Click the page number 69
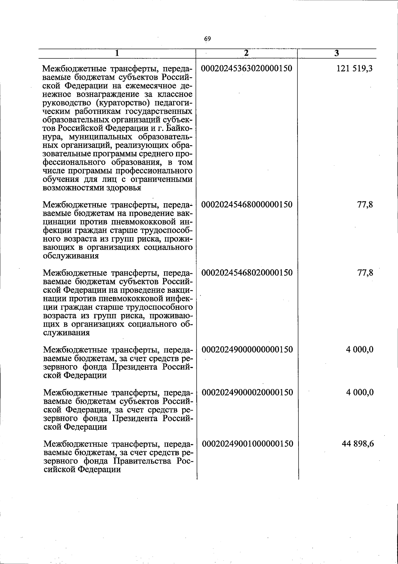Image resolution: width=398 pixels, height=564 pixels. (x=208, y=39)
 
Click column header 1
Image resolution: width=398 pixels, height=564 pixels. (x=117, y=53)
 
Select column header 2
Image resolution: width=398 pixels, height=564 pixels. (x=246, y=53)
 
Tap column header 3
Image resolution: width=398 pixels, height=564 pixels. (x=336, y=53)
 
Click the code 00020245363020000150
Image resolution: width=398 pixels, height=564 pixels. (x=247, y=69)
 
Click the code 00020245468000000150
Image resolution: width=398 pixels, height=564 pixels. (x=247, y=204)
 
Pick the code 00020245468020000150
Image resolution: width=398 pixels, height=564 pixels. (x=247, y=273)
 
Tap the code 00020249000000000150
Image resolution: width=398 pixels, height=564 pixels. (x=247, y=349)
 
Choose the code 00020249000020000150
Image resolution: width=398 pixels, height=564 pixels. (x=247, y=392)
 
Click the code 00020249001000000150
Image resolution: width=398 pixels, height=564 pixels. (x=247, y=443)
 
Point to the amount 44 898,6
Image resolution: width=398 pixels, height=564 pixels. (x=358, y=443)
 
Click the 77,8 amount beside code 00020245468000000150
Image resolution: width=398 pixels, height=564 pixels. (x=365, y=204)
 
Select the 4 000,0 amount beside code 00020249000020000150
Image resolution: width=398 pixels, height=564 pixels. (x=360, y=392)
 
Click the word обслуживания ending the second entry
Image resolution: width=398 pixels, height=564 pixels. (x=71, y=256)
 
